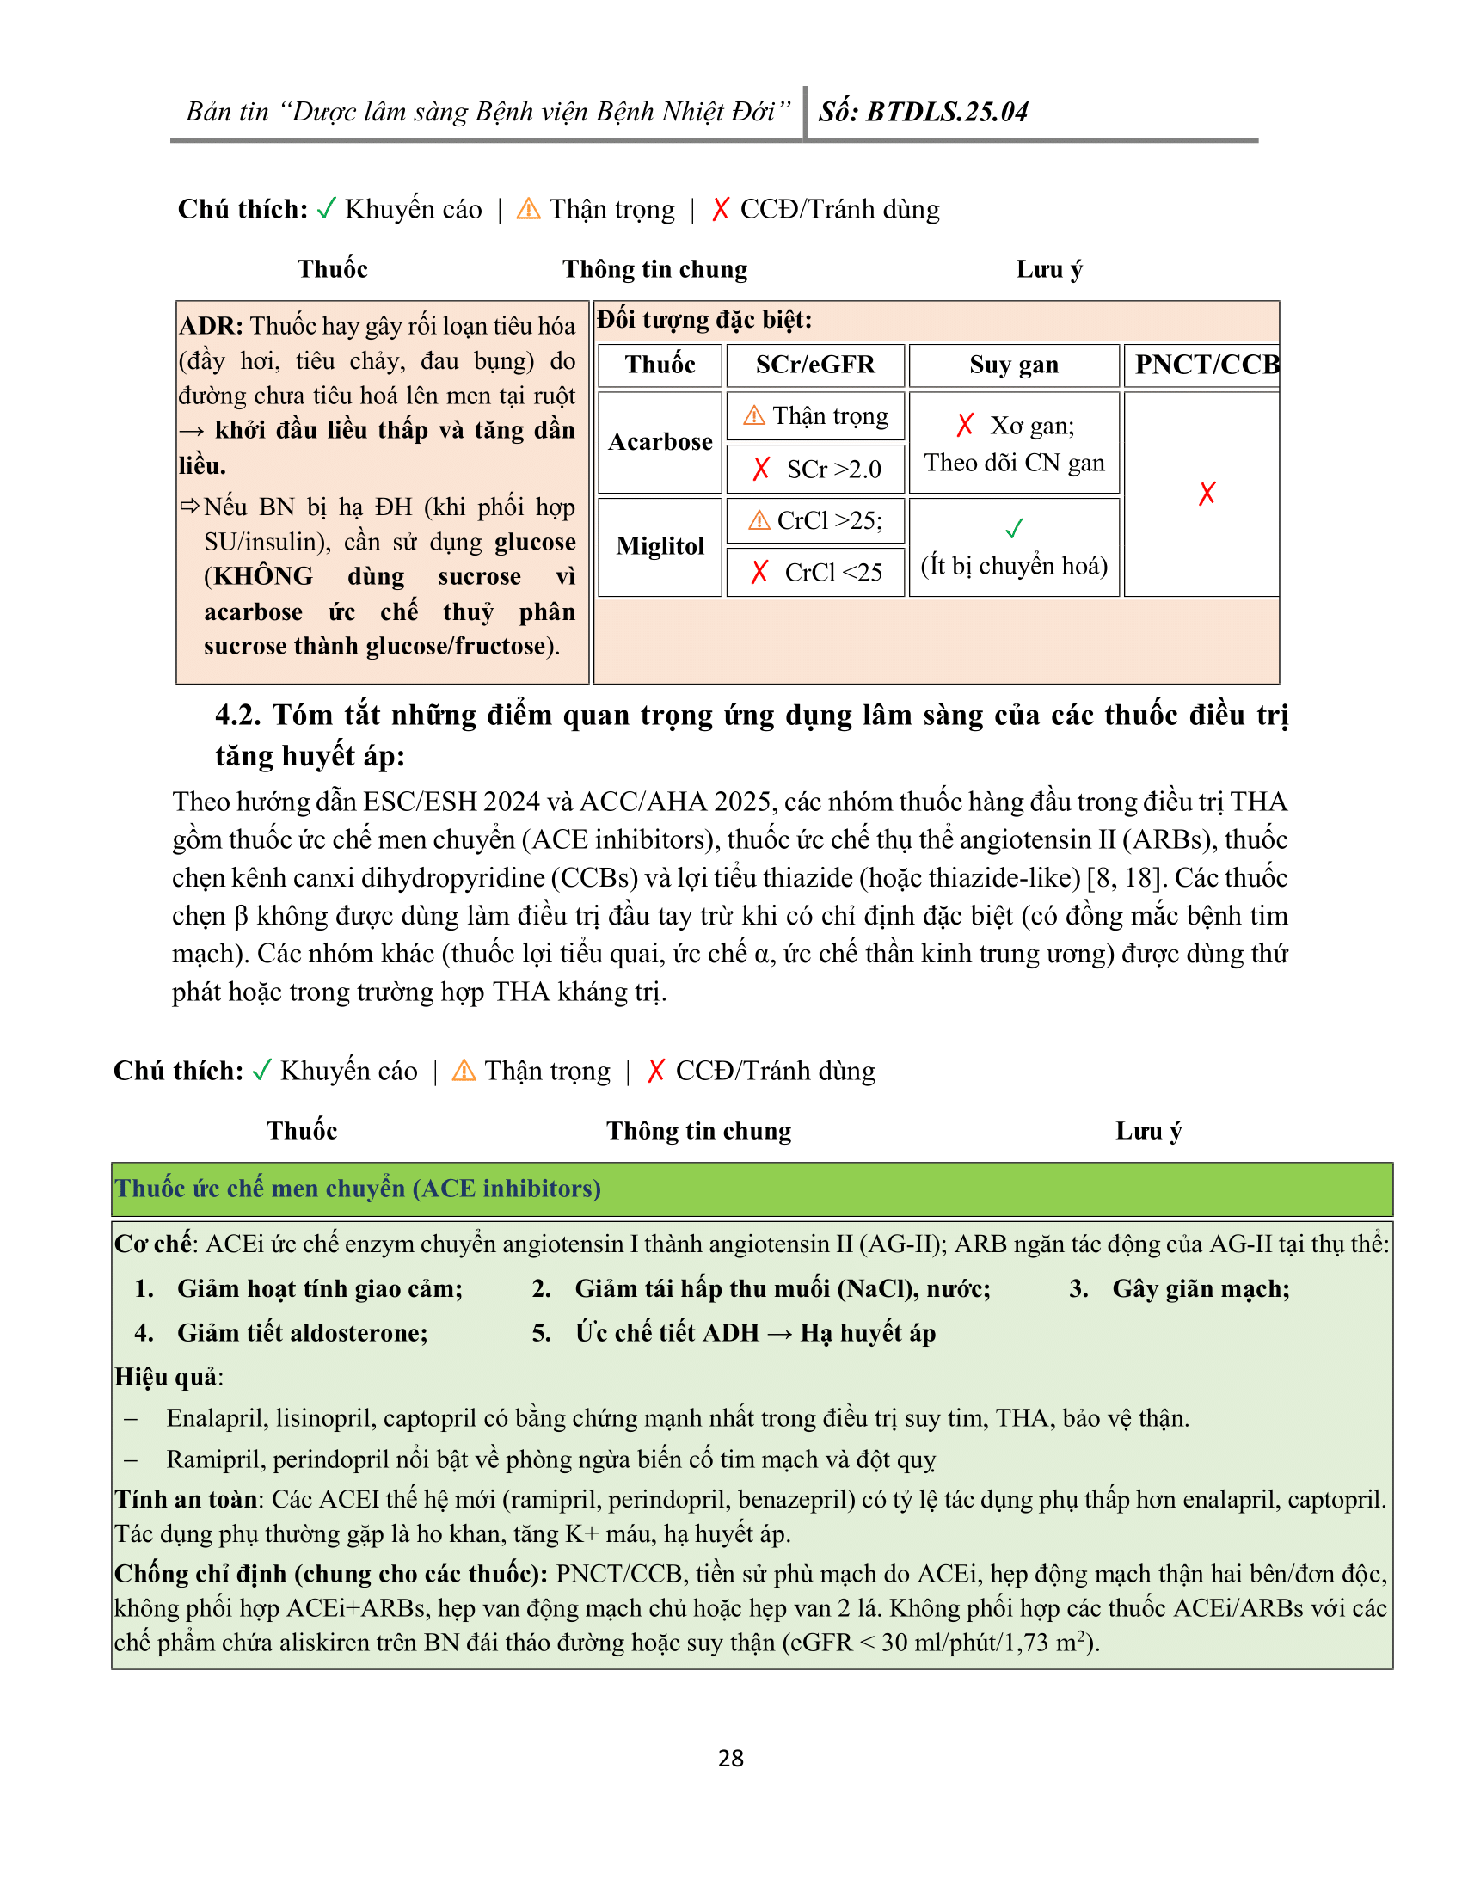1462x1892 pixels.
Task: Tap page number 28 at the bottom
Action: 731,1758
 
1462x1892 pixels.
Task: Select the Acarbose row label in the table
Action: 660,442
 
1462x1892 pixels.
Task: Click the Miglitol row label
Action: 660,546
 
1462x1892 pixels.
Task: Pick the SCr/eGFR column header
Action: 815,365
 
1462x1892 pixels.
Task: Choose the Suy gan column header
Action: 1013,365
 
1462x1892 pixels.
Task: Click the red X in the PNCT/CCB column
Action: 1207,494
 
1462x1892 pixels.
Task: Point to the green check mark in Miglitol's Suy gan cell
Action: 1013,527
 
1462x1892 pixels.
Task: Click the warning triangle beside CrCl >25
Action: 759,519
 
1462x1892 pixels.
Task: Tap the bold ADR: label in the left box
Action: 212,326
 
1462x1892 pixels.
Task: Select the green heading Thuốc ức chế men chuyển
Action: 358,1188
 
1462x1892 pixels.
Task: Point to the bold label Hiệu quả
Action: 167,1377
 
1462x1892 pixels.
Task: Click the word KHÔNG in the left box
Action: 263,576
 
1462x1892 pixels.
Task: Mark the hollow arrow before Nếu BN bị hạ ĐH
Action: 190,506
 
